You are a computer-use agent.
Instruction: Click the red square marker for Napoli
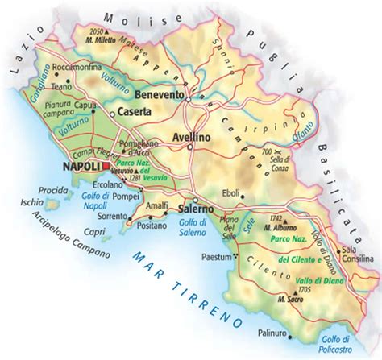106,167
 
